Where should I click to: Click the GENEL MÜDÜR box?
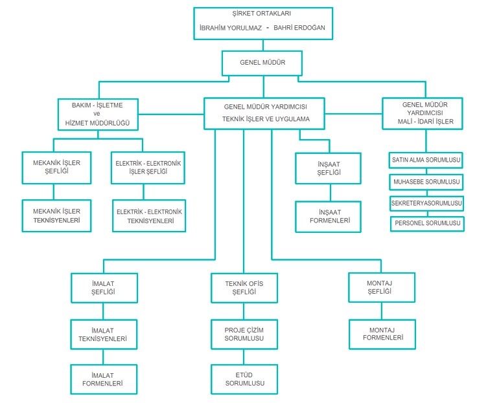coord(262,63)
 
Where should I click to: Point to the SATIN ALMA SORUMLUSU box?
coord(426,158)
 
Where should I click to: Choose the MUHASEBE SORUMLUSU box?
coord(426,182)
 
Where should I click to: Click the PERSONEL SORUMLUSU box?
coord(427,223)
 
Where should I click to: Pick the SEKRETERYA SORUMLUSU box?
coord(426,203)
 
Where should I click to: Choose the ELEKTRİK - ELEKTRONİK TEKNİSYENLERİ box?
coord(148,216)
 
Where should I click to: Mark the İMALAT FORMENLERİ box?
coord(104,379)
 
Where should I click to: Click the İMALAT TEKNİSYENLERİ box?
coord(104,334)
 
